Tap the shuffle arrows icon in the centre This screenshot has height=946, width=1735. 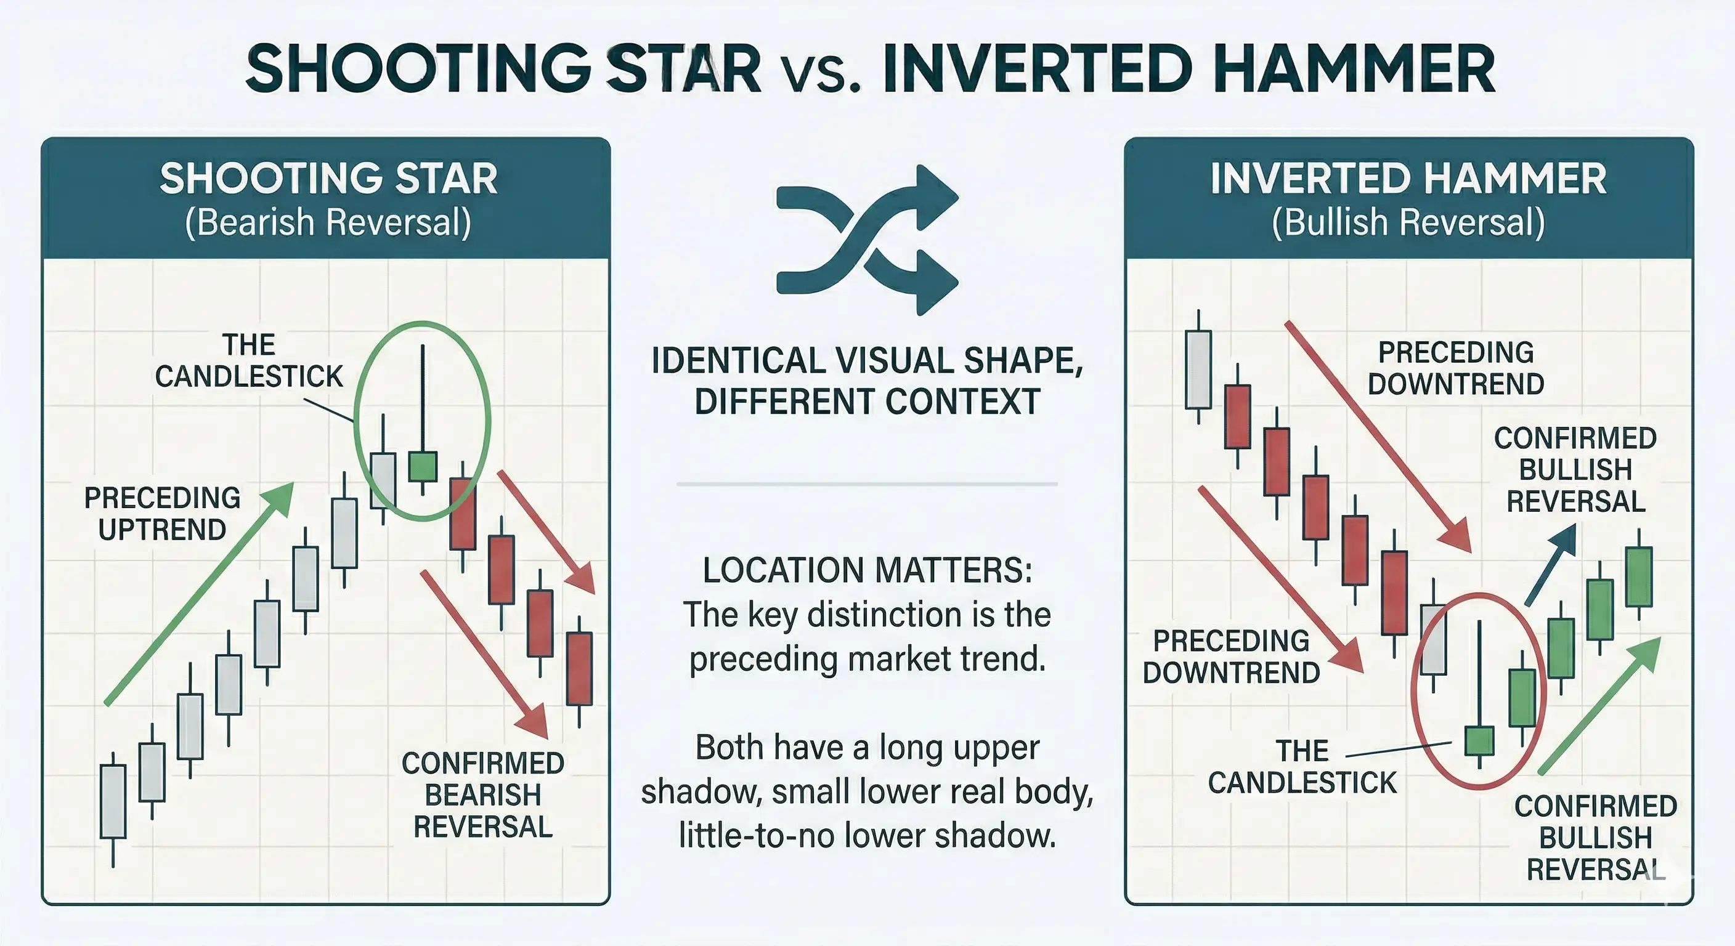click(x=867, y=239)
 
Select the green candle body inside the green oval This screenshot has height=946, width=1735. click(x=423, y=466)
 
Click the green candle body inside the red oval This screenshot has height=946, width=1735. click(x=1479, y=741)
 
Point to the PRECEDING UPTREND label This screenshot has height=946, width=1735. click(x=162, y=514)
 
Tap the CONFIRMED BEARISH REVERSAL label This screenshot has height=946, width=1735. click(x=483, y=795)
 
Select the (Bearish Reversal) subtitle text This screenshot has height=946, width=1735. click(x=328, y=223)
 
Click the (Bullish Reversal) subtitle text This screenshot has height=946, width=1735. click(x=1408, y=223)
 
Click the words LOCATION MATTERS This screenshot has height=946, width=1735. click(x=867, y=570)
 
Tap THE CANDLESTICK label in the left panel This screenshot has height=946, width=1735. click(x=249, y=361)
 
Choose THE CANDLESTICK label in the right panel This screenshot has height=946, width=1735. click(x=1302, y=767)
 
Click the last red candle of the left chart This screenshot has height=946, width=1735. click(x=579, y=669)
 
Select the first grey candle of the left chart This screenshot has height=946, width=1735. click(x=113, y=802)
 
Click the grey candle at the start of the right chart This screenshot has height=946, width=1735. click(x=1198, y=370)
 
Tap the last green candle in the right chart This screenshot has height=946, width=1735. click(x=1639, y=577)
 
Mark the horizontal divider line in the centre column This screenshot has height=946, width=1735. click(x=867, y=484)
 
